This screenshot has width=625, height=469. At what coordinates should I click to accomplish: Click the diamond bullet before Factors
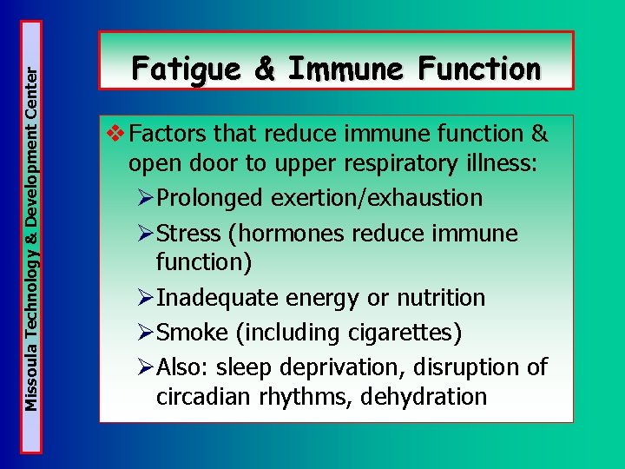115,134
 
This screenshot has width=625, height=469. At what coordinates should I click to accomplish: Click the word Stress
191,234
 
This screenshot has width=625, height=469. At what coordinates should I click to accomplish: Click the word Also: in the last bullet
184,367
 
